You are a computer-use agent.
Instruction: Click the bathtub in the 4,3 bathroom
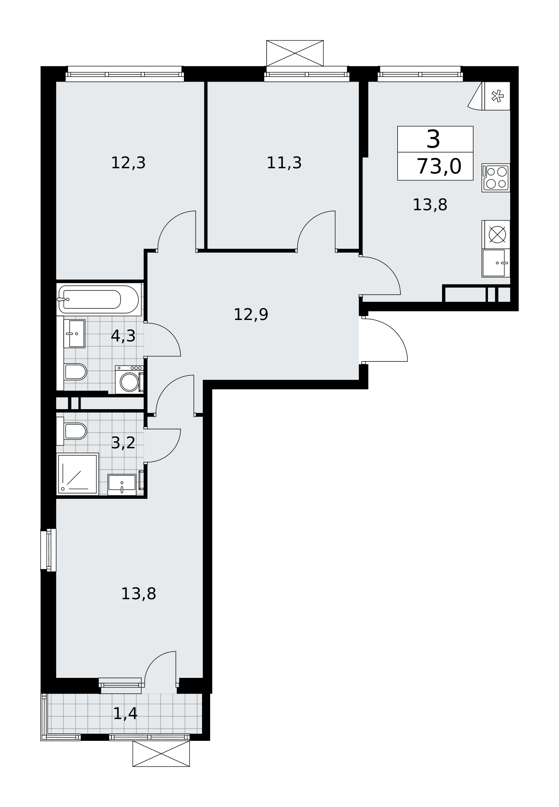point(99,299)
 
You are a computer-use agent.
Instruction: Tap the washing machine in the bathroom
point(129,380)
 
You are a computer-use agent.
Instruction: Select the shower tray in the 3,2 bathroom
point(77,474)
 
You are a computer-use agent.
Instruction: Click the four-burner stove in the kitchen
point(496,178)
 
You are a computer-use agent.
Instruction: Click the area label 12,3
point(128,163)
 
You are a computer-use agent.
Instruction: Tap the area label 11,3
point(284,163)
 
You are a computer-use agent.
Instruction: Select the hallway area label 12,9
point(251,314)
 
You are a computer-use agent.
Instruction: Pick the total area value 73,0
point(439,166)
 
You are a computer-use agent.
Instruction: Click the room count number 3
point(433,139)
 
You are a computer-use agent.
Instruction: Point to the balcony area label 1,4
point(125,714)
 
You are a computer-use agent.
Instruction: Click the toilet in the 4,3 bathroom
point(75,372)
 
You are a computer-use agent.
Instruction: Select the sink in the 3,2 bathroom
point(122,484)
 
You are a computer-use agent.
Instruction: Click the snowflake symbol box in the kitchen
point(497,96)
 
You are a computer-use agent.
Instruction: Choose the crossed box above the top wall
point(295,53)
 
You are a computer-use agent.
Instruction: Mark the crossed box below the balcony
point(161,753)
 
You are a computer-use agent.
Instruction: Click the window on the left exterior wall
point(48,550)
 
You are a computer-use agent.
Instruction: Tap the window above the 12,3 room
point(125,74)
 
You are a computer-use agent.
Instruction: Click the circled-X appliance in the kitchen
point(497,234)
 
